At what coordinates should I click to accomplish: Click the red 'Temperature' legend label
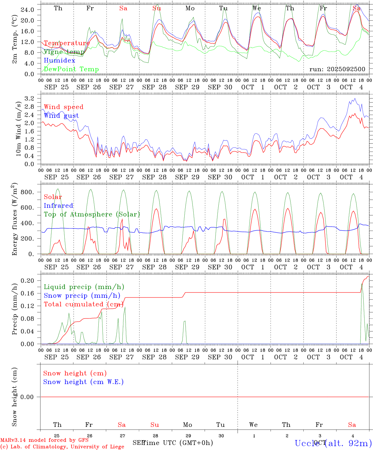[67, 43]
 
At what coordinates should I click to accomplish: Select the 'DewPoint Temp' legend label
[71, 69]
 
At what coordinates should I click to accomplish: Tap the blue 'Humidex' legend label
[59, 61]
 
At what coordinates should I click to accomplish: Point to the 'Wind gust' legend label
[61, 116]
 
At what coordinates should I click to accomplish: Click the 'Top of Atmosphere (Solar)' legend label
[92, 214]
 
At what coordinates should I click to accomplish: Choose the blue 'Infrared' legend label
[58, 206]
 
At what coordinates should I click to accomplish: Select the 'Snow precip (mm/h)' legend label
[82, 296]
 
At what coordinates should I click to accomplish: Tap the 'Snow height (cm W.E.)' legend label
[83, 382]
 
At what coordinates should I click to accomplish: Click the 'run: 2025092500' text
[337, 69]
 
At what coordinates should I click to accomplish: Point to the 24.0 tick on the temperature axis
[27, 10]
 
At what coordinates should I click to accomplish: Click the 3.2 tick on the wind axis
[30, 99]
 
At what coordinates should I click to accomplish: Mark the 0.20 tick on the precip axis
[27, 281]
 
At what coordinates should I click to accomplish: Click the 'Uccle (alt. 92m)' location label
[333, 443]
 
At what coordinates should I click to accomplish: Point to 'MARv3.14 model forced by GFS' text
[44, 440]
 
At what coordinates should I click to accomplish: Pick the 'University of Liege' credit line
[62, 447]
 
